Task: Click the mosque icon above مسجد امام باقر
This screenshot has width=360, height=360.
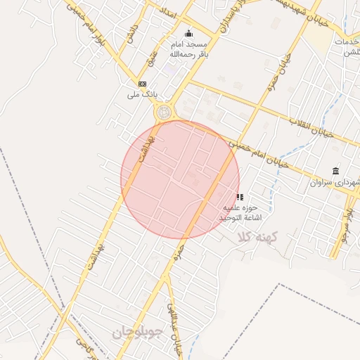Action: pyautogui.click(x=188, y=33)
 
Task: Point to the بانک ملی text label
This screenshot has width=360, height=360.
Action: pyautogui.click(x=139, y=94)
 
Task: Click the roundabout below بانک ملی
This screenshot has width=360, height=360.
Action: pyautogui.click(x=165, y=112)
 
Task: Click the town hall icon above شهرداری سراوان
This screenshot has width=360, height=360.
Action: pyautogui.click(x=335, y=171)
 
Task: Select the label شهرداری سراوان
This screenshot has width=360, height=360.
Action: pyautogui.click(x=335, y=181)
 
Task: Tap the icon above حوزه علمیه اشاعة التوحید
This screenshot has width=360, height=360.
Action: pyautogui.click(x=240, y=198)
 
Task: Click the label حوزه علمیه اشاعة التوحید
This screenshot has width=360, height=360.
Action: pyautogui.click(x=241, y=214)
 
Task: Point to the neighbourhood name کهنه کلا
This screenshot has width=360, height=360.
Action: pyautogui.click(x=258, y=237)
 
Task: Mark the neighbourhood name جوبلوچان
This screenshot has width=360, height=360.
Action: pyautogui.click(x=139, y=330)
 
